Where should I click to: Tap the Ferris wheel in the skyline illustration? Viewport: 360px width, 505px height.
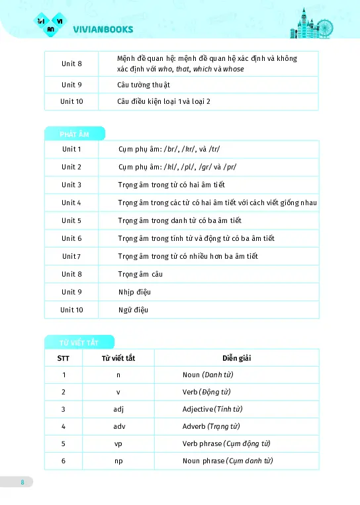point(325,28)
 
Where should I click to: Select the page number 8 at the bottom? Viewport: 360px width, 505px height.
point(22,482)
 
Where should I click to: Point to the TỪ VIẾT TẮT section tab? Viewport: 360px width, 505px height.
point(79,342)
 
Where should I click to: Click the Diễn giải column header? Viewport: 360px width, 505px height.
point(236,358)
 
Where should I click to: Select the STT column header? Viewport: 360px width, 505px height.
point(64,358)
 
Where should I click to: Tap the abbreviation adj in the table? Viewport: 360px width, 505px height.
point(118,409)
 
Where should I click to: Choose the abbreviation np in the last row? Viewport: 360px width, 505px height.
point(118,461)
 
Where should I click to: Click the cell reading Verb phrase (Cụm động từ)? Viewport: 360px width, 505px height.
point(226,443)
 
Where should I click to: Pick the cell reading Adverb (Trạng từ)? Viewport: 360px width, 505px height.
point(211,426)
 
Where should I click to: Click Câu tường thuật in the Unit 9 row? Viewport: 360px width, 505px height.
point(144,85)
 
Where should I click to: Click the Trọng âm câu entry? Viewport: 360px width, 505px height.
point(140,274)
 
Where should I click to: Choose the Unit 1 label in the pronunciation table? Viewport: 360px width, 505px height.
point(71,150)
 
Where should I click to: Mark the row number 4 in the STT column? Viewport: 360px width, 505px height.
point(64,426)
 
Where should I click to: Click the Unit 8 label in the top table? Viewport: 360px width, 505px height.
point(71,64)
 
